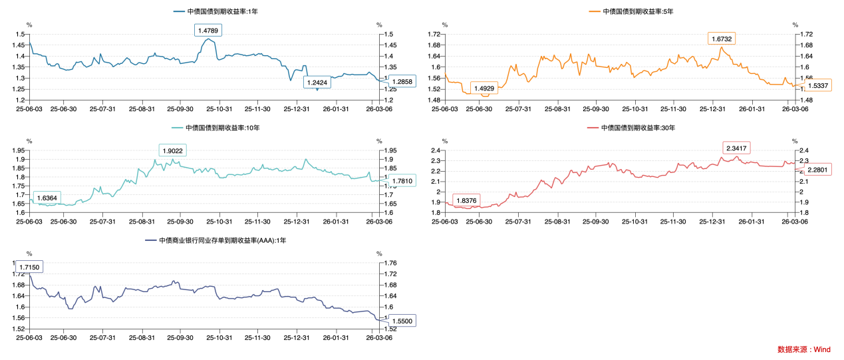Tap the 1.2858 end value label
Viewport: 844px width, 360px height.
tap(402, 81)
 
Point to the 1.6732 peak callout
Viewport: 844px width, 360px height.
tap(722, 39)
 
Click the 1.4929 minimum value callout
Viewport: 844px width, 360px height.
tap(484, 89)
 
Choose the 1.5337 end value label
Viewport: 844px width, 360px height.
tap(818, 86)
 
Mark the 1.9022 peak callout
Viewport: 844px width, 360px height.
tap(172, 150)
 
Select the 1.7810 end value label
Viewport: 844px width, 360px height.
tap(402, 180)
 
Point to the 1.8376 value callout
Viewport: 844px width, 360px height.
tap(466, 201)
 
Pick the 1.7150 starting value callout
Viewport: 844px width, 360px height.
tap(30, 267)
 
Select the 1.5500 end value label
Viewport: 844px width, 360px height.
tap(402, 321)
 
